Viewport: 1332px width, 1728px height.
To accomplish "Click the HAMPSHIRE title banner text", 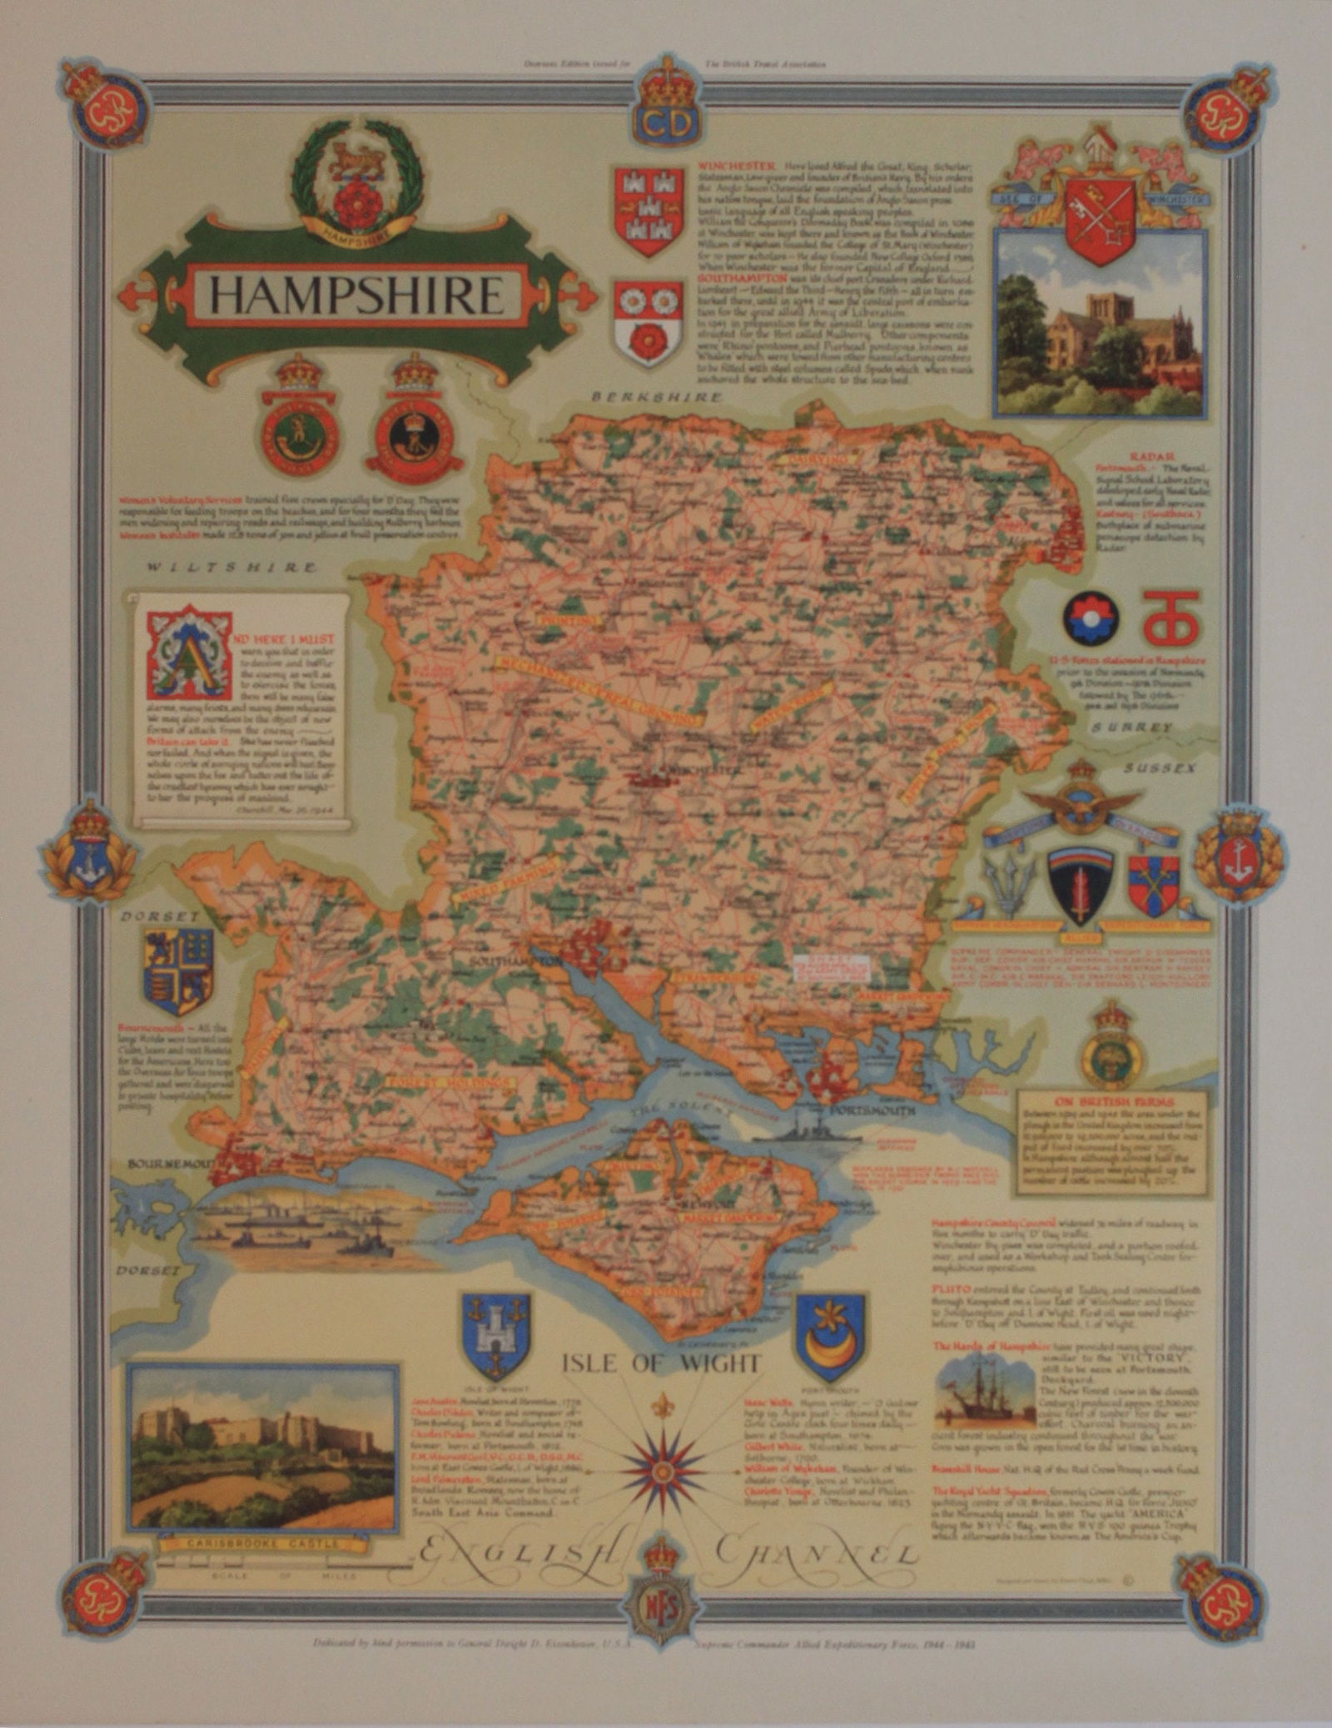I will coord(356,295).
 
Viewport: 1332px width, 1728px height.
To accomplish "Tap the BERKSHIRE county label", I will coord(657,397).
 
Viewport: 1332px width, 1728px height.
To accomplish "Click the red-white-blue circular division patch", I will coord(1091,618).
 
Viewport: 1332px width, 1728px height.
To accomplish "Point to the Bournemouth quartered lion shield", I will coord(178,971).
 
